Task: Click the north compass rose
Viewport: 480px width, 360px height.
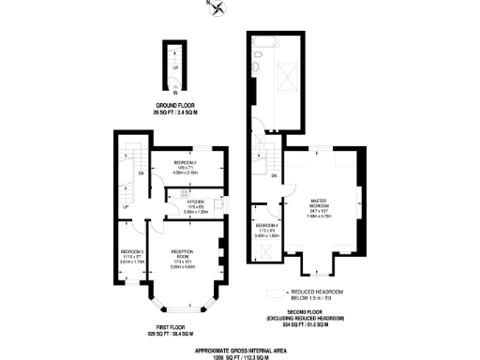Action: [218, 9]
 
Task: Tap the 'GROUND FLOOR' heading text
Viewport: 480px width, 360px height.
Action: [173, 104]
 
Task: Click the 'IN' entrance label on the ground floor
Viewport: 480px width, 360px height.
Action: [173, 91]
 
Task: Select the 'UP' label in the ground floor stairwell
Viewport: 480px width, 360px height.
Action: [174, 67]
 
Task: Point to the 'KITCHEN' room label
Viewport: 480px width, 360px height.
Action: [195, 202]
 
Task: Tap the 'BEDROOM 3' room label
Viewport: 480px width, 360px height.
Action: [131, 253]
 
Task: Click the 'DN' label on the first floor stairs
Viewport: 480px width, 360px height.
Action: [140, 173]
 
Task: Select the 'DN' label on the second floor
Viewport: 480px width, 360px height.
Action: [274, 175]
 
